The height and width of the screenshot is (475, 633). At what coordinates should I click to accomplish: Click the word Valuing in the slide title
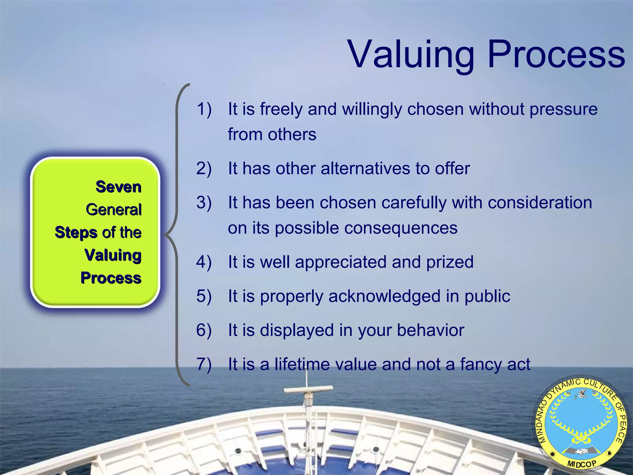(411, 55)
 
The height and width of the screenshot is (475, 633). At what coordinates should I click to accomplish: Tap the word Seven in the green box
(118, 187)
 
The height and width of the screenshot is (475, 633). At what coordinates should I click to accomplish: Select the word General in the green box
(114, 210)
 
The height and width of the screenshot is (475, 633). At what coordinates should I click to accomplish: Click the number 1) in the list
(204, 109)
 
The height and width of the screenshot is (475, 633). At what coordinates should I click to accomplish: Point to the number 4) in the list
(204, 262)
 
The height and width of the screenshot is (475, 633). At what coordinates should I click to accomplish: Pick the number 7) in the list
(204, 364)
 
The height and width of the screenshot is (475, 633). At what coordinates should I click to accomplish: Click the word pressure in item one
(563, 110)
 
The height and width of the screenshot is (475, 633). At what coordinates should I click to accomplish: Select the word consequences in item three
(401, 228)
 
